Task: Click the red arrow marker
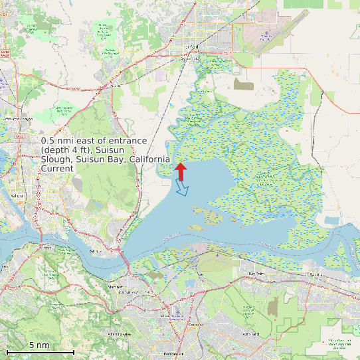tap(181, 170)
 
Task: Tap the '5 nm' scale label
tap(39, 345)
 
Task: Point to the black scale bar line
tap(40, 351)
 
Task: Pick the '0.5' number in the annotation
tap(48, 141)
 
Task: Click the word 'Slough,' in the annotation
tap(58, 159)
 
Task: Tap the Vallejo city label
tap(17, 196)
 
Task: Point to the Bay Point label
tap(256, 273)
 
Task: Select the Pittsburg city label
tap(314, 273)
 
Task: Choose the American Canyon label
tap(18, 118)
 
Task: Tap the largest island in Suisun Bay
tap(211, 216)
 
